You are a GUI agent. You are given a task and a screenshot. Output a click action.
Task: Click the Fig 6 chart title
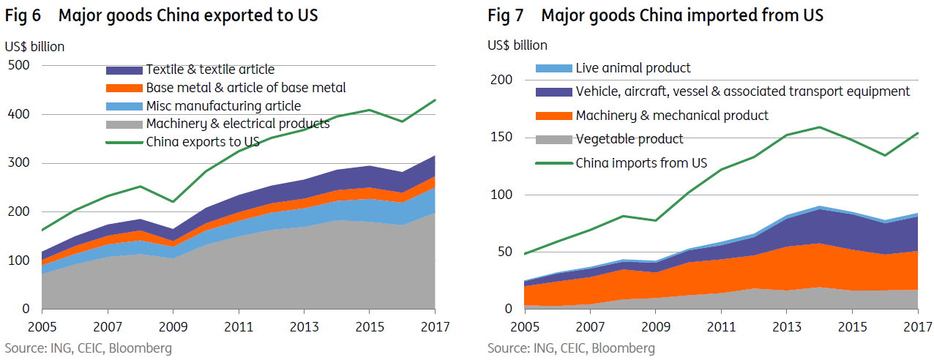tap(161, 15)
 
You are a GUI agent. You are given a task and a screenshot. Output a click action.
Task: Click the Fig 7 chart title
tap(655, 15)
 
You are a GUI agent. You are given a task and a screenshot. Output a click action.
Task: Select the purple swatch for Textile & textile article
tap(124, 70)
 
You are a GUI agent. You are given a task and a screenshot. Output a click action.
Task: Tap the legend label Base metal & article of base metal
tap(246, 88)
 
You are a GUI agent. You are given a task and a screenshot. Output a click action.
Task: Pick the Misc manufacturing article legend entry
tap(203, 106)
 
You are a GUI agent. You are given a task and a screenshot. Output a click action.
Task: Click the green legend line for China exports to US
tap(124, 143)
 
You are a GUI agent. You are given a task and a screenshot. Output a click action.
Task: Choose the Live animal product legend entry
tap(613, 68)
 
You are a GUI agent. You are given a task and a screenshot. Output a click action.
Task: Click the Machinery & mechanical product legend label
tap(672, 116)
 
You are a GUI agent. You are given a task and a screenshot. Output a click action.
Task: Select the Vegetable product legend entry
tap(609, 139)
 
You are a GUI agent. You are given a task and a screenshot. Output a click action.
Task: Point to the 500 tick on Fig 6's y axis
tap(19, 65)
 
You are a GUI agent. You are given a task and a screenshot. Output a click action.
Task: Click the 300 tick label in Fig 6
tap(19, 162)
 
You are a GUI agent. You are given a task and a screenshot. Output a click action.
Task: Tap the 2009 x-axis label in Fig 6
tap(173, 326)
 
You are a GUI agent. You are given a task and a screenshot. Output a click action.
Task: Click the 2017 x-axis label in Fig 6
tap(435, 326)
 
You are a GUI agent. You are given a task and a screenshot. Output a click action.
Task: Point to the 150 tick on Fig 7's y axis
tap(501, 137)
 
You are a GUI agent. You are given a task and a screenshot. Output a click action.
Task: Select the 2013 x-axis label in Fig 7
tap(787, 326)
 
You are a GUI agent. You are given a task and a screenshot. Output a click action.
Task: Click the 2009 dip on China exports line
tap(173, 202)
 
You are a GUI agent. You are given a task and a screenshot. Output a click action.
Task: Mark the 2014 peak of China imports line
tap(820, 127)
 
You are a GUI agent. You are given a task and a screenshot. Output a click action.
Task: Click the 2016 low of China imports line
tap(885, 155)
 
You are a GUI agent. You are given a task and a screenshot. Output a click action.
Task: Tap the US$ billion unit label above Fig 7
tap(518, 45)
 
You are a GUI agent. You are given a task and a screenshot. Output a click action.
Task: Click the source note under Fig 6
tap(89, 348)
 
